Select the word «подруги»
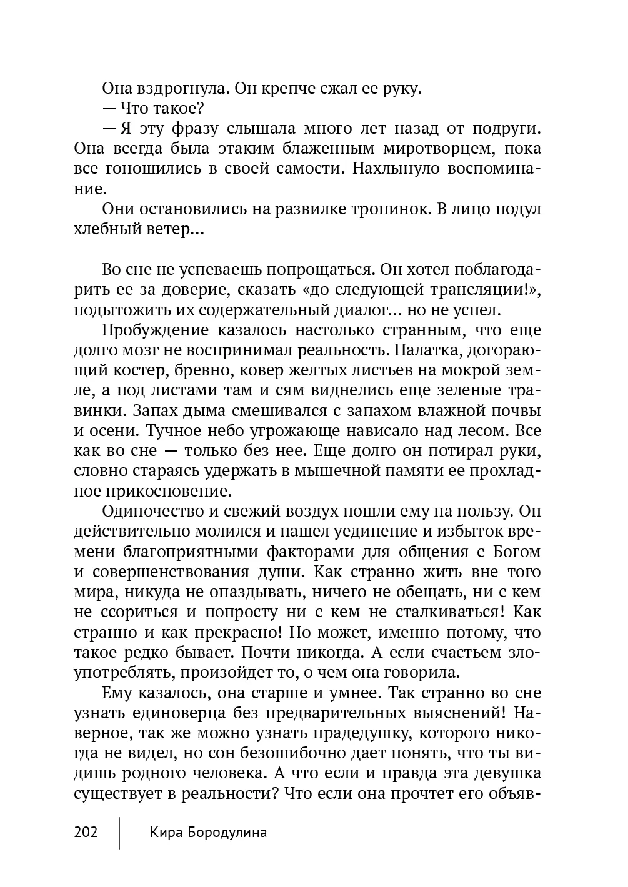pyautogui.click(x=502, y=129)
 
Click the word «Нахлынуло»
pyautogui.click(x=398, y=169)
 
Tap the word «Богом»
pyautogui.click(x=514, y=552)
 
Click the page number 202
pyautogui.click(x=86, y=832)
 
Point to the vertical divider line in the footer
pyautogui.click(x=119, y=832)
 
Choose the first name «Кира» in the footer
pyautogui.click(x=165, y=832)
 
